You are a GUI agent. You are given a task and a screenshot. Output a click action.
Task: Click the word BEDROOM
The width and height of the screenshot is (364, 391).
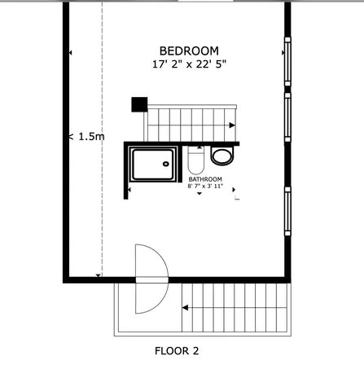click(188, 51)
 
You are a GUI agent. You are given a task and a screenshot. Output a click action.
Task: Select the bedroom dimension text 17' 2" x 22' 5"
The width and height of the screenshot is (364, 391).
click(188, 64)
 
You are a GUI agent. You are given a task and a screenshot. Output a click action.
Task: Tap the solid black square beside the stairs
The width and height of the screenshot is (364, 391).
click(139, 104)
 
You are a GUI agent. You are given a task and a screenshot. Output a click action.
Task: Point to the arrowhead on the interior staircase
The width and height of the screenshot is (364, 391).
click(233, 125)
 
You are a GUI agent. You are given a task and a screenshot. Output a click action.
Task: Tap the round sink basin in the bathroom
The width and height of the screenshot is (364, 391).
click(221, 155)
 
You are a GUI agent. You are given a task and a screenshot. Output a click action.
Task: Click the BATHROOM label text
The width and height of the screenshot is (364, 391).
click(205, 178)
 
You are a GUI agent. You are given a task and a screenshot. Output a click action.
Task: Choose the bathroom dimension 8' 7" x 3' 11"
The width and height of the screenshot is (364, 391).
click(205, 187)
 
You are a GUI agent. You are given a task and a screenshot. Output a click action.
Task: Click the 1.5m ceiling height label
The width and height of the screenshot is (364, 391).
click(88, 137)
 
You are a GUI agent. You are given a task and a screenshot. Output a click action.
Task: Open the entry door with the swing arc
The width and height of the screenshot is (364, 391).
click(151, 279)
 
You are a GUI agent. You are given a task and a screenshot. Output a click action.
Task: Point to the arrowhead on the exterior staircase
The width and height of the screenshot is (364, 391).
click(186, 308)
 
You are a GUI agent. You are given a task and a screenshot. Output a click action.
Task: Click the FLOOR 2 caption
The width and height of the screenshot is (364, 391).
click(177, 352)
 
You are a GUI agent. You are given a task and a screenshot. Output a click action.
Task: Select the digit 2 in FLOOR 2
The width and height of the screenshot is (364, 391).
click(195, 352)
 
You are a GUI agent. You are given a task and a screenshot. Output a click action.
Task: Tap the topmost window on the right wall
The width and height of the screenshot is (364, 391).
click(287, 61)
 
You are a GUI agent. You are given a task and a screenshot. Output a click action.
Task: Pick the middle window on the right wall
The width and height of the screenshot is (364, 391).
click(287, 116)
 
